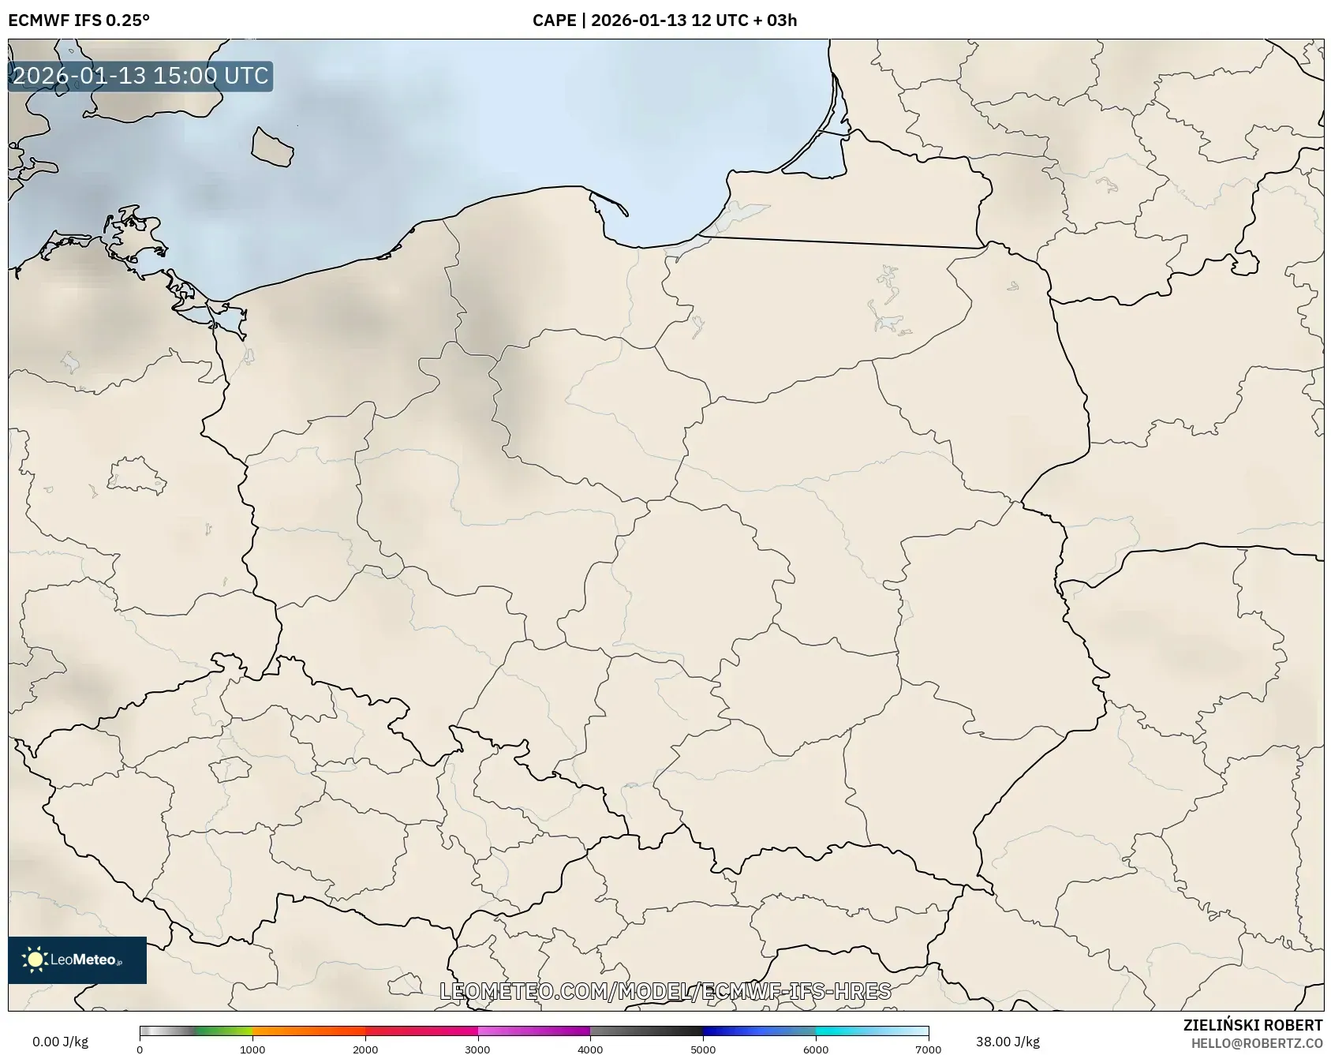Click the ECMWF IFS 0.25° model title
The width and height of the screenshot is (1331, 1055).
(79, 20)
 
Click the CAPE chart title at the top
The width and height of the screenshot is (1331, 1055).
(664, 20)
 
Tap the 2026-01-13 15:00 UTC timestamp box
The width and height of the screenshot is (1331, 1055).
(140, 76)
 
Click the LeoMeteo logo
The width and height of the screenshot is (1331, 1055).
(77, 960)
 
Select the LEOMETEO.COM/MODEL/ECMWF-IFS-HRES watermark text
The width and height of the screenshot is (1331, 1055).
(665, 991)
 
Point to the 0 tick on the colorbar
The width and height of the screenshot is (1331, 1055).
(140, 1049)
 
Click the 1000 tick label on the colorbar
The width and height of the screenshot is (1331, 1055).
(252, 1049)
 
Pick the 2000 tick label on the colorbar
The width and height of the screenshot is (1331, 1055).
(365, 1049)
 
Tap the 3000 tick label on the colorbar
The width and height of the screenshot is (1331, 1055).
(477, 1049)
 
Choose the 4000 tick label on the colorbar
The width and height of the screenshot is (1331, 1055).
(590, 1049)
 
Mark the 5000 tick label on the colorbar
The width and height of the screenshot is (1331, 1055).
(703, 1049)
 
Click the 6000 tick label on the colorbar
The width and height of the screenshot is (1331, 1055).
(816, 1049)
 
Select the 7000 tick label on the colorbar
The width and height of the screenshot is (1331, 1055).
(928, 1049)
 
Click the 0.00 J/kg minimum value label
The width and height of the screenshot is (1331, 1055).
(60, 1042)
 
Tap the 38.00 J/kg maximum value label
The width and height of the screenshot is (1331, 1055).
(1008, 1042)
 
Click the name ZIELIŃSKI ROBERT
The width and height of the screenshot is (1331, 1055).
(1252, 1025)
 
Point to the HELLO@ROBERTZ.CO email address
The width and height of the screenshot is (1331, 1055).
(1256, 1043)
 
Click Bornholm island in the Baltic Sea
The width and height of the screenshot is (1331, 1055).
(272, 148)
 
